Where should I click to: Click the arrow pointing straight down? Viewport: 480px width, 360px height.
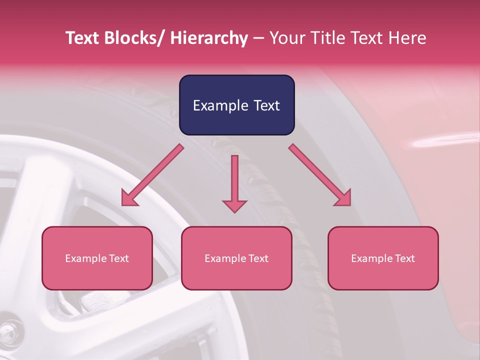coord(234,182)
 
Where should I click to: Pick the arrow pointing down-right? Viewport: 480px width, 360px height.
coord(320,175)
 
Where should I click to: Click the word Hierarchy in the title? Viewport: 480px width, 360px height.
coord(209,38)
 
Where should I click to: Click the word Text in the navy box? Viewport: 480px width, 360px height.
coord(266,105)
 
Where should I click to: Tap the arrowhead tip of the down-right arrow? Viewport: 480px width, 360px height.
coord(350,205)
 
